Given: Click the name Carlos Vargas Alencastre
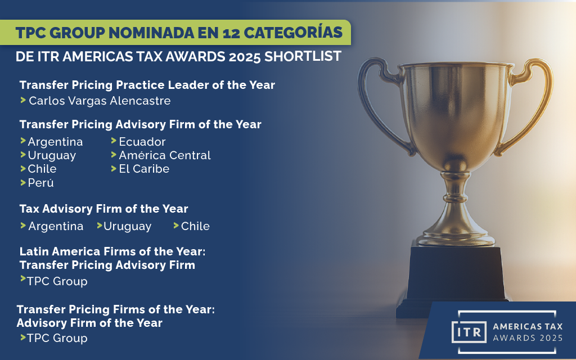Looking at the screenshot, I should [x=100, y=101].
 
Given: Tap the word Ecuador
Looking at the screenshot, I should [x=142, y=142].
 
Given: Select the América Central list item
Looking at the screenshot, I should [x=165, y=155].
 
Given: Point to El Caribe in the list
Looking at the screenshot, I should [x=144, y=169].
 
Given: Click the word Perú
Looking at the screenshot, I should [x=41, y=183].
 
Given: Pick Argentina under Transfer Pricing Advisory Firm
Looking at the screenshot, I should [x=55, y=142].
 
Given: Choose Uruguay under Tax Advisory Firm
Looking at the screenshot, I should [x=128, y=226].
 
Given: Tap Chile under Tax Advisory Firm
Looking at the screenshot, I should [x=195, y=226].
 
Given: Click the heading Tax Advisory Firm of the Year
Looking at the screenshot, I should [x=104, y=209].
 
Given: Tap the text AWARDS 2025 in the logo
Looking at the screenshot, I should [x=528, y=337].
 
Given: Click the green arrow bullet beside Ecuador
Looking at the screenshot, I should [x=114, y=141].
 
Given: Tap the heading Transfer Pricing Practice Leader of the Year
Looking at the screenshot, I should [x=147, y=85].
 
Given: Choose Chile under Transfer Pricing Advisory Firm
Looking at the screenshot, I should [x=42, y=169].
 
